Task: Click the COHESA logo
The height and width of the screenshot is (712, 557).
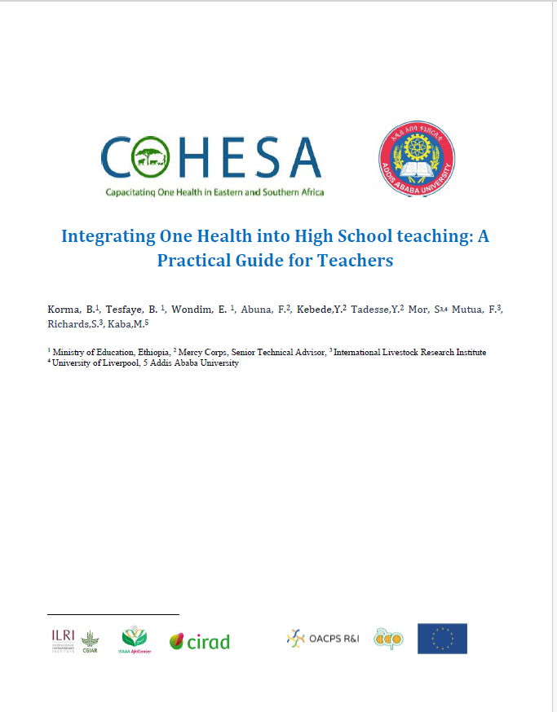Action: tap(211, 160)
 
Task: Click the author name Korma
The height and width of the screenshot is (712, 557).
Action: tap(64, 310)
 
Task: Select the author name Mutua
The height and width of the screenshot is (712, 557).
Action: tap(467, 310)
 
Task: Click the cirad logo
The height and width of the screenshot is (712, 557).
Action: tap(200, 641)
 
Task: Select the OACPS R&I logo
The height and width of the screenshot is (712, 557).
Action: tap(323, 639)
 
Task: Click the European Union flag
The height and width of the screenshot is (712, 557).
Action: tap(442, 639)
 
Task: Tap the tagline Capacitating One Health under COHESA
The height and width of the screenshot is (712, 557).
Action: tap(214, 192)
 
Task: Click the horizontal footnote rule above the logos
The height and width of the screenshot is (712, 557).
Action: tap(113, 613)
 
